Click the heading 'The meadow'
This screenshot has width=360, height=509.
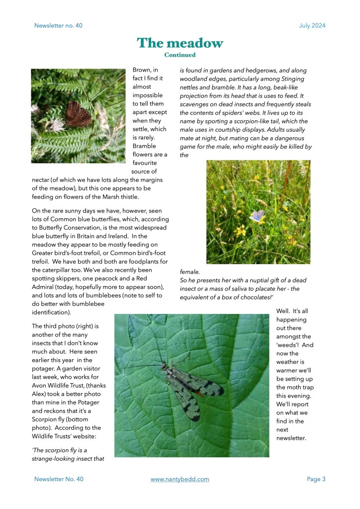pos(180,43)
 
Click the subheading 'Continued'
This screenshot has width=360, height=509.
pos(180,55)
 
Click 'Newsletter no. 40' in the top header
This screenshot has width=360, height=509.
pos(58,26)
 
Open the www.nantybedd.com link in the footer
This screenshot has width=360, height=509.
pos(180,479)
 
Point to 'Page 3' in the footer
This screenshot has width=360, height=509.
pos(316,479)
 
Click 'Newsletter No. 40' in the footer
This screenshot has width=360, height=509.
pos(59,479)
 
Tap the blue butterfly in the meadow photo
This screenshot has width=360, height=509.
pos(257,216)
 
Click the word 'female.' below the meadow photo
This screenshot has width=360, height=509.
pos(189,272)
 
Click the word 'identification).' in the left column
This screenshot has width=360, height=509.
pos(51,312)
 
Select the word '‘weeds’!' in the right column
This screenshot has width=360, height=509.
pos(288,345)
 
